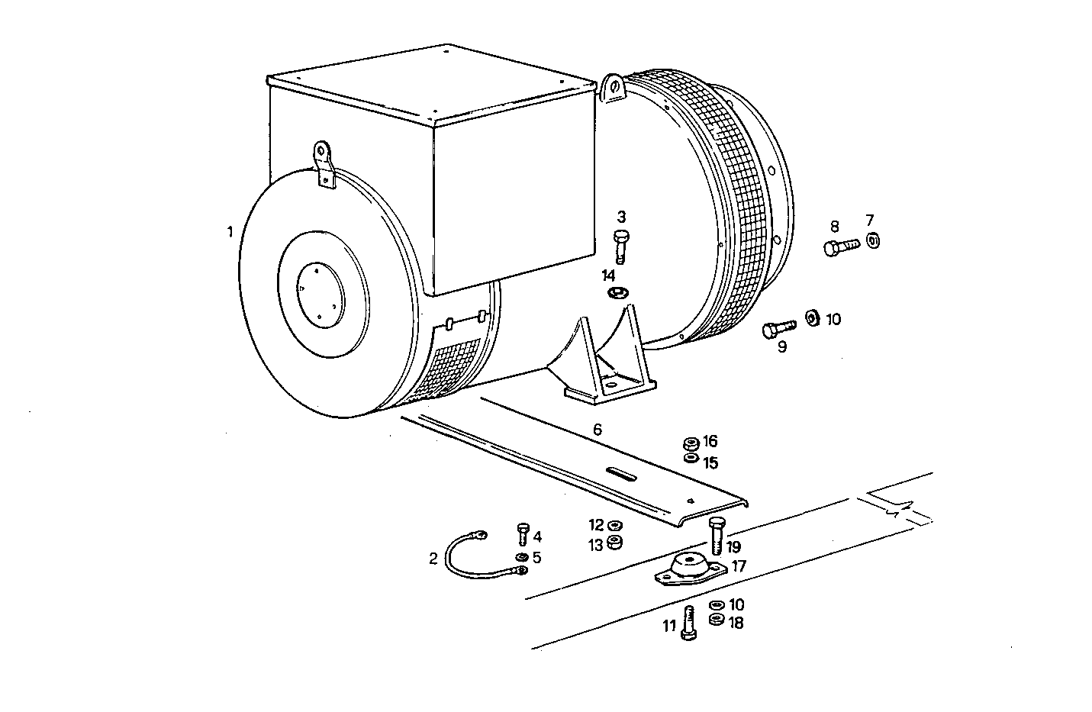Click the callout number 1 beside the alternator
(230, 231)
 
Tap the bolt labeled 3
(620, 245)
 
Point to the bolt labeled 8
(840, 246)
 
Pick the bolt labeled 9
(778, 329)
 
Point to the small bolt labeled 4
(523, 533)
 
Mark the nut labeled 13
(615, 544)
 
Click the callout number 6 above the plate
(597, 430)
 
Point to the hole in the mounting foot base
(611, 388)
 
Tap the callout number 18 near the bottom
(736, 623)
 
